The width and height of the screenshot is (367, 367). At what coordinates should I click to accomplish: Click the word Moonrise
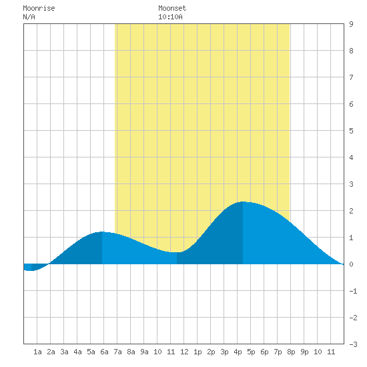39,8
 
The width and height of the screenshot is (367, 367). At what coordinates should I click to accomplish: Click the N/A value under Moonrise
29,17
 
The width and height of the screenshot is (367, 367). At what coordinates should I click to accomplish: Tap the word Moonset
172,8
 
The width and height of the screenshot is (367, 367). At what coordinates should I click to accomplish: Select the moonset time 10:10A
170,17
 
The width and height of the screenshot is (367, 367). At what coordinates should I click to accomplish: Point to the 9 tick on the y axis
351,24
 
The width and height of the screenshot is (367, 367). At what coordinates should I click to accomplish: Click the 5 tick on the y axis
351,131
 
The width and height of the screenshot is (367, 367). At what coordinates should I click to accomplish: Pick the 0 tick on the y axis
351,264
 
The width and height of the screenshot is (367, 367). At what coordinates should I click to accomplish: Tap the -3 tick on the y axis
353,344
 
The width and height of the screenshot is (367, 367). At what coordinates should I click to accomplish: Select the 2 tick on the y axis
351,211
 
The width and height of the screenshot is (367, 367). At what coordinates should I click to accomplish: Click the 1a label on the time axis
37,352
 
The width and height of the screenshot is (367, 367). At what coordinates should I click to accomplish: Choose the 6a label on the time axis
104,352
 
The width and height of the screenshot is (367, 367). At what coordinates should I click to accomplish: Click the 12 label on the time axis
184,352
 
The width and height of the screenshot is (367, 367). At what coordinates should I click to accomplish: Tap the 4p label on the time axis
238,352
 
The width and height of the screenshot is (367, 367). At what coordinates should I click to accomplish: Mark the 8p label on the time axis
291,352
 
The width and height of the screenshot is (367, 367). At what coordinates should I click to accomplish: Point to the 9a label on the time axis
144,352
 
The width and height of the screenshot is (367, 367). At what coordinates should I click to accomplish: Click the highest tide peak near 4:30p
243,202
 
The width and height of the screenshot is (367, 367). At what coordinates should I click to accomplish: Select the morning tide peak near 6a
102,232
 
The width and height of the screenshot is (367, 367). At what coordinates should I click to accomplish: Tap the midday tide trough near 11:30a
177,252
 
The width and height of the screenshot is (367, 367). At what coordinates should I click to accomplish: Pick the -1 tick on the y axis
353,291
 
